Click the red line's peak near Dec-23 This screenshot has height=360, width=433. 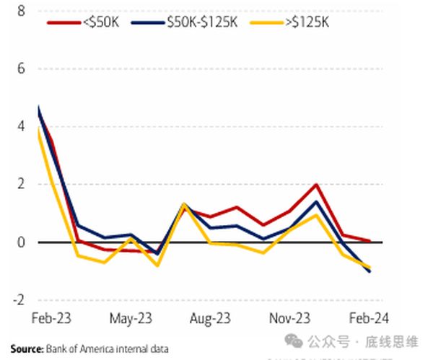pos(316,185)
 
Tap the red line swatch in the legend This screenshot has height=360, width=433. pos(64,22)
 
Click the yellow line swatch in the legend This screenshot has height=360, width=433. pos(264,22)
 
